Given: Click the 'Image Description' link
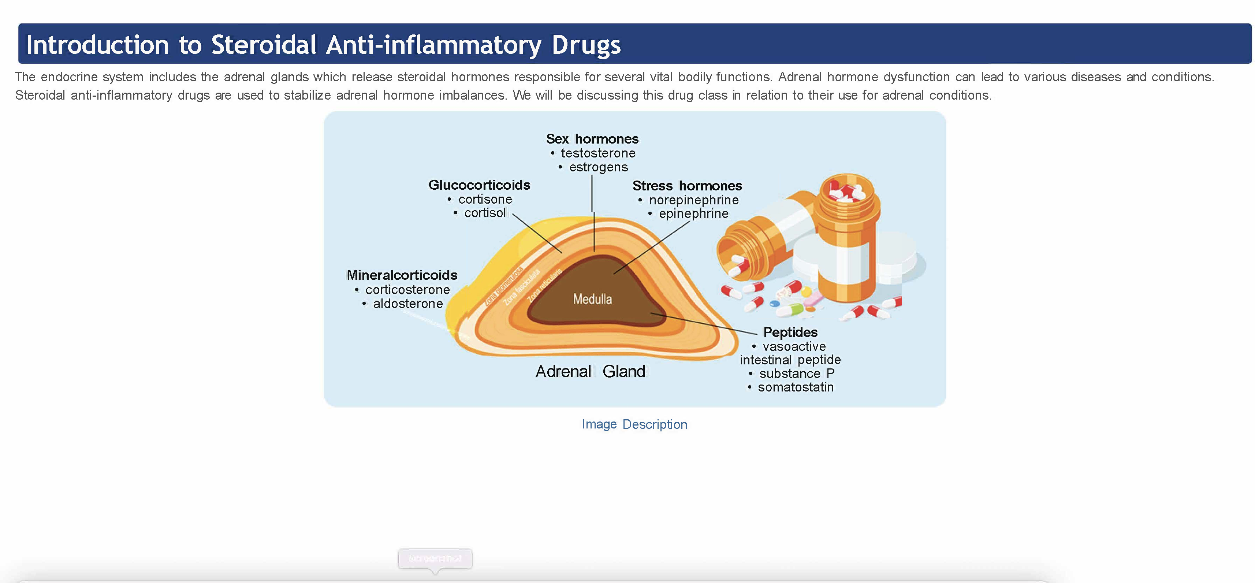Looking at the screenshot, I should (x=634, y=424).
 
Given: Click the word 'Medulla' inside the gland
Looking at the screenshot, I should (x=592, y=299).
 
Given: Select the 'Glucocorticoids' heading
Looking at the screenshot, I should (x=479, y=185).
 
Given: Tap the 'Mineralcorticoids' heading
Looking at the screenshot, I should (x=402, y=275).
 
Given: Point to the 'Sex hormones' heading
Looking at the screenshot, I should (x=592, y=139).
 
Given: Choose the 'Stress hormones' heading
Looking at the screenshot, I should (x=687, y=186).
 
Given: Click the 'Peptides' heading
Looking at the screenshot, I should (x=790, y=332).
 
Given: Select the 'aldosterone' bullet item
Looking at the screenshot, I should (x=408, y=304).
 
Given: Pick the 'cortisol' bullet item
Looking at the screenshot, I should (x=485, y=213).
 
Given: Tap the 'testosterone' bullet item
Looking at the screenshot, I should (x=598, y=153).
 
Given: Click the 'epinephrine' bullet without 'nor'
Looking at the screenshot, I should (x=693, y=213).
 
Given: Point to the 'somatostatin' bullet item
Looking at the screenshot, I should (x=796, y=387).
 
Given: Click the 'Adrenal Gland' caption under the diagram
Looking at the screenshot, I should (x=590, y=371).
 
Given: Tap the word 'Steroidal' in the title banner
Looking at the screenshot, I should (x=264, y=45).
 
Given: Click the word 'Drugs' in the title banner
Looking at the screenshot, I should (x=586, y=45).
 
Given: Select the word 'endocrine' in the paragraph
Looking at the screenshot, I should (x=69, y=77).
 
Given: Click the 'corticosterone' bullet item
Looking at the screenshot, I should (x=407, y=290).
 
